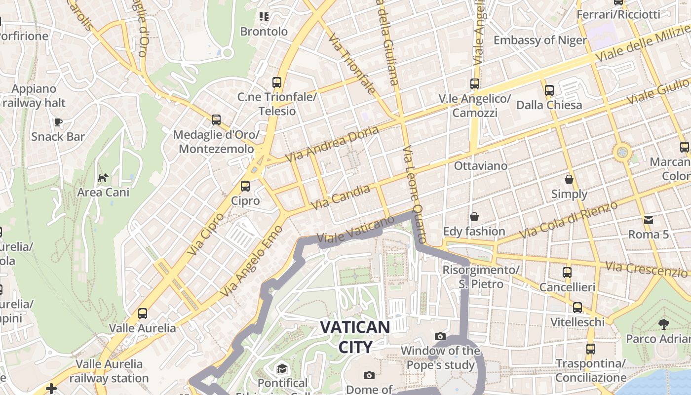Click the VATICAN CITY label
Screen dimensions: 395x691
click(x=355, y=337)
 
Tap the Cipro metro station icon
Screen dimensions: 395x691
click(x=245, y=186)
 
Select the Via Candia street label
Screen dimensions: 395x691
click(x=341, y=197)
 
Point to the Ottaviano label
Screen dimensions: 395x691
click(x=480, y=166)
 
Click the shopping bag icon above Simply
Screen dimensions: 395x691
click(x=569, y=179)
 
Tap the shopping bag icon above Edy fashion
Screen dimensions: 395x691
click(x=474, y=217)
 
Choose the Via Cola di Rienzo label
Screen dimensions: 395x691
click(x=570, y=219)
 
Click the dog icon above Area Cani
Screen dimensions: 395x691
click(x=103, y=178)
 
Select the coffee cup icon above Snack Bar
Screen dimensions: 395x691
click(x=58, y=122)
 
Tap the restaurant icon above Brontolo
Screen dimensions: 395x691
click(x=264, y=17)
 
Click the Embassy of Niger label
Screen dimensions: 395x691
click(x=540, y=40)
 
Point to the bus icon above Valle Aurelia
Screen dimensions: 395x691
click(x=142, y=313)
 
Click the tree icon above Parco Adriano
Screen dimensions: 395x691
click(x=663, y=324)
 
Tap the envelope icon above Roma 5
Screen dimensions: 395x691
click(x=648, y=220)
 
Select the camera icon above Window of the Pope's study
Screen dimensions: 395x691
click(x=440, y=337)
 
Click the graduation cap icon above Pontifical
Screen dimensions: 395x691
click(x=282, y=368)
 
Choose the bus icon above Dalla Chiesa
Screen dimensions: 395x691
click(x=549, y=90)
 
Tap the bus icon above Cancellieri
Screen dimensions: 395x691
click(x=567, y=272)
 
